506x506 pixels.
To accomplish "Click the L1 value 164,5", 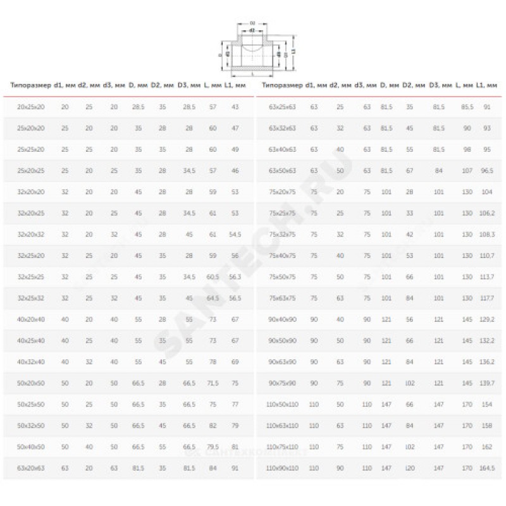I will tap(487, 468).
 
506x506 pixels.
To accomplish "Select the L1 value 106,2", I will tap(487, 213).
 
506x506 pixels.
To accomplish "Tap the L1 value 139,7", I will tap(487, 383).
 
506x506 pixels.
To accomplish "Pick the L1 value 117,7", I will tap(487, 297).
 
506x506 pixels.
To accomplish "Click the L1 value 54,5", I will tap(235, 234).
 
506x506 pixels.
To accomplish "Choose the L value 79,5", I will tap(213, 447).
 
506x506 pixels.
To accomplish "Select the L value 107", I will tap(467, 170).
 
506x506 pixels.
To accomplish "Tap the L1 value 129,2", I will tap(487, 319).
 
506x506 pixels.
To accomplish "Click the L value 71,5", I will tap(213, 383).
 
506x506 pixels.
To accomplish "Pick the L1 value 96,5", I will tap(487, 170).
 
